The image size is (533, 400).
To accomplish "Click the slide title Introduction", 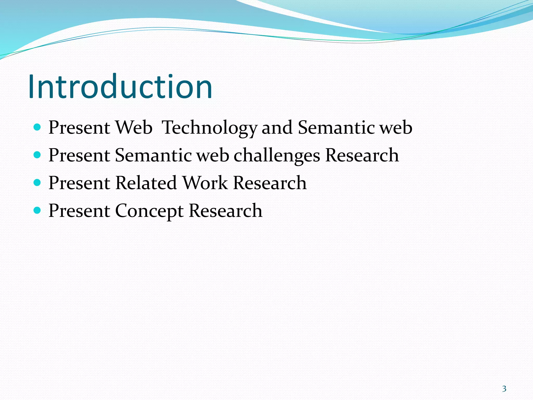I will point(120,87).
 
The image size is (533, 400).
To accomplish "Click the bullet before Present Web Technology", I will point(37,127).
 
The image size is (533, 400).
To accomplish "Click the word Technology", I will point(210,128).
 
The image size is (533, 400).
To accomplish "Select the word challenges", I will point(277,156).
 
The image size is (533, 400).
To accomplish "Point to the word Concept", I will point(149,211).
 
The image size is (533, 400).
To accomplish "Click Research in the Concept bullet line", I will point(225,211).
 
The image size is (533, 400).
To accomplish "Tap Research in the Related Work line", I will point(270,183).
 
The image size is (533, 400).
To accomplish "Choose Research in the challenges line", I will point(362,155).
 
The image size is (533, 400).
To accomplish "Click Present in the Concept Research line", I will point(79,211).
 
